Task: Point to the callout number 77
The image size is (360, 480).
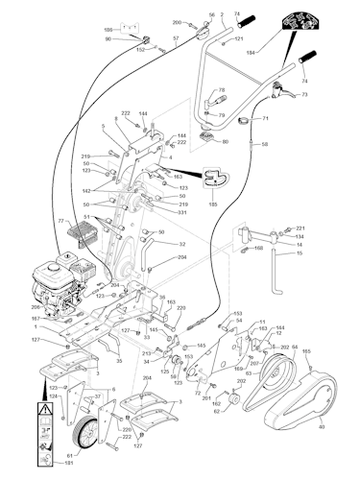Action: click(60, 221)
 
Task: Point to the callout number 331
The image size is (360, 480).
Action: click(182, 213)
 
